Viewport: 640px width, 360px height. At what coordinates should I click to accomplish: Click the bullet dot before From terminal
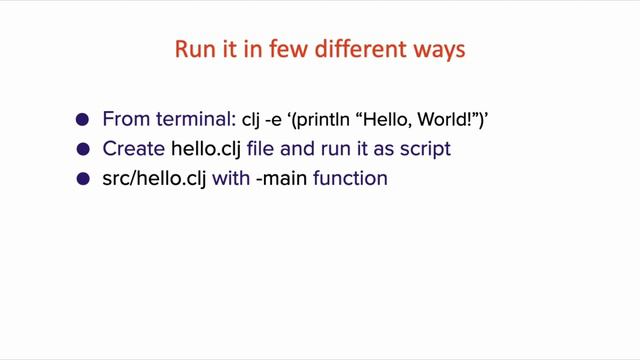(83, 120)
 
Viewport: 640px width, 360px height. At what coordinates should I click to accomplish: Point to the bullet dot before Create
(83, 150)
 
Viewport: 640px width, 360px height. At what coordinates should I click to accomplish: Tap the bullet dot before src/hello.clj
(83, 181)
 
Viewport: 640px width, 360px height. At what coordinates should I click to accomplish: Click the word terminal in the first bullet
(196, 120)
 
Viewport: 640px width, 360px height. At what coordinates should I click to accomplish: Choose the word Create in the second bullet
(129, 150)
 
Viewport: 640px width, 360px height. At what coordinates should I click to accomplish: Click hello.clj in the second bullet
(202, 150)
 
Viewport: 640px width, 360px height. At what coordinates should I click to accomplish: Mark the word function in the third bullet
(344, 181)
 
